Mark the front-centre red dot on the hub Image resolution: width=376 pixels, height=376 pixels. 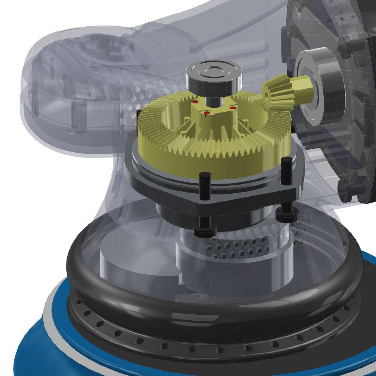[x=206, y=112]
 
